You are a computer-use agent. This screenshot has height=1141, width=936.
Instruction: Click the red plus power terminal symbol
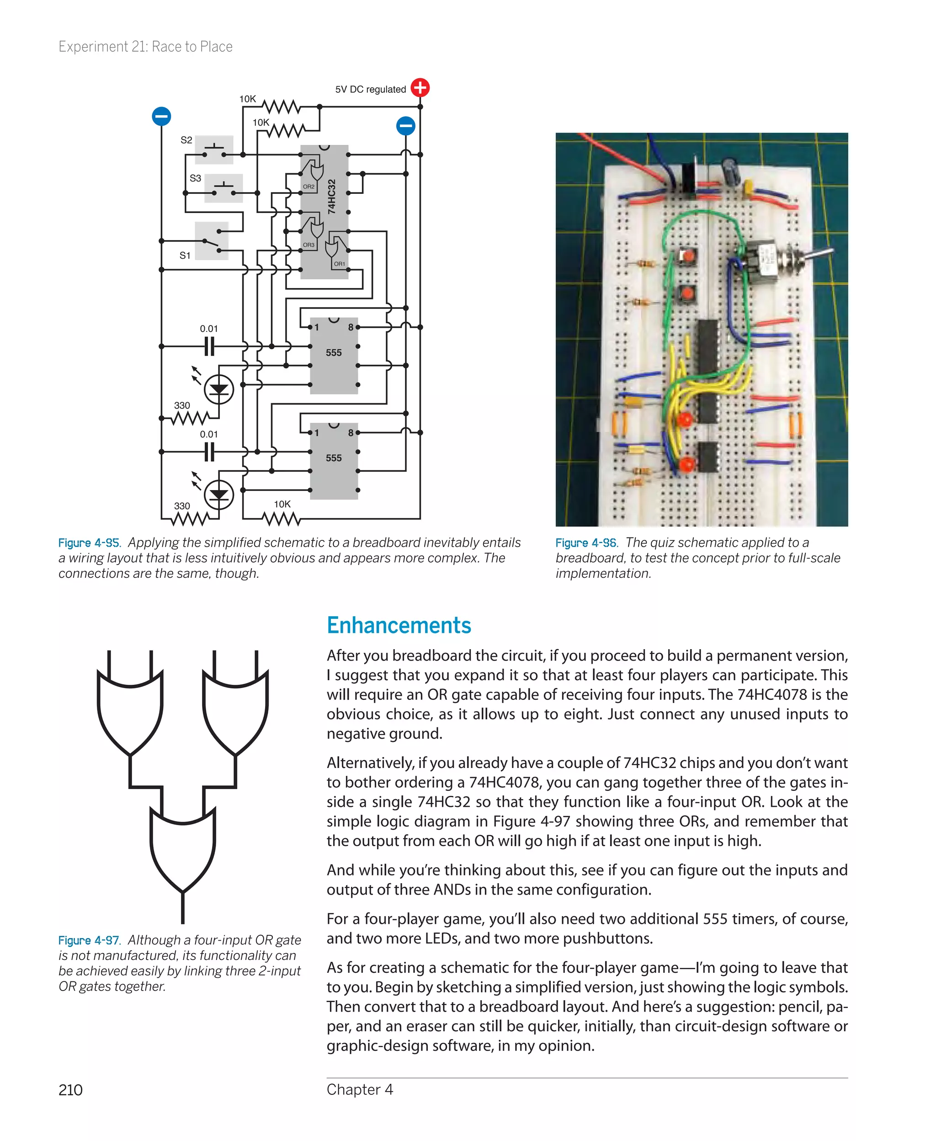[420, 87]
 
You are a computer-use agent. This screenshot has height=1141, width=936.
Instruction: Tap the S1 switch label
[185, 256]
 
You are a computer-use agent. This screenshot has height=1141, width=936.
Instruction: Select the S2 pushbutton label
[186, 140]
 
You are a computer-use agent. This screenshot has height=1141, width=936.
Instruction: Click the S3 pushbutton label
[195, 178]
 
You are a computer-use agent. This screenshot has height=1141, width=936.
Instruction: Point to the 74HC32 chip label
[332, 197]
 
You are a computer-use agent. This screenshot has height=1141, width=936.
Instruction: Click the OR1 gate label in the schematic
[339, 264]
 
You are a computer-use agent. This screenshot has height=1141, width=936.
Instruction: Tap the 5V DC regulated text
[370, 90]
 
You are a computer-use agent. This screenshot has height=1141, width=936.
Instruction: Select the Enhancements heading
[399, 625]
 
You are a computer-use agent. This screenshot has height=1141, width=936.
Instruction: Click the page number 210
[71, 1090]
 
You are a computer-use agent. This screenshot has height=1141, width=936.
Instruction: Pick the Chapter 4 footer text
[360, 1089]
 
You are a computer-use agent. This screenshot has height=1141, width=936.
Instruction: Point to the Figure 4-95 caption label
[90, 543]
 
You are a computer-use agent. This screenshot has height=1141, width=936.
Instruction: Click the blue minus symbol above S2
[161, 116]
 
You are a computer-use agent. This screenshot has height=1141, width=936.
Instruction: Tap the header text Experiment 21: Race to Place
[146, 47]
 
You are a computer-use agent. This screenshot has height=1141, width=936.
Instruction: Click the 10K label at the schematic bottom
[282, 504]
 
